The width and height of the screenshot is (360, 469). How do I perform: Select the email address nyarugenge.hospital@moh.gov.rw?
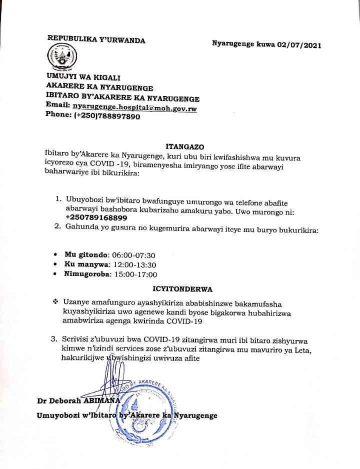[x=134, y=107]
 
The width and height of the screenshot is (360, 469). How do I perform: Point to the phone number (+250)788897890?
[x=107, y=115]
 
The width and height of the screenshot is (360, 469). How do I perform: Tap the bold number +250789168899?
[x=96, y=217]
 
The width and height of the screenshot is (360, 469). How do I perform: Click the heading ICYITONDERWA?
[x=182, y=289]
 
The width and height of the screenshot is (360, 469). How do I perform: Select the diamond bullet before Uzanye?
[x=55, y=302]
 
